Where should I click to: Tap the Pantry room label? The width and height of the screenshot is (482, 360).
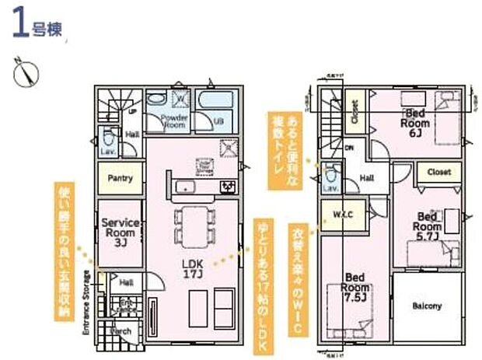pyautogui.click(x=120, y=178)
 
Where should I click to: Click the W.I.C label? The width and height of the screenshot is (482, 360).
pyautogui.click(x=344, y=215)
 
